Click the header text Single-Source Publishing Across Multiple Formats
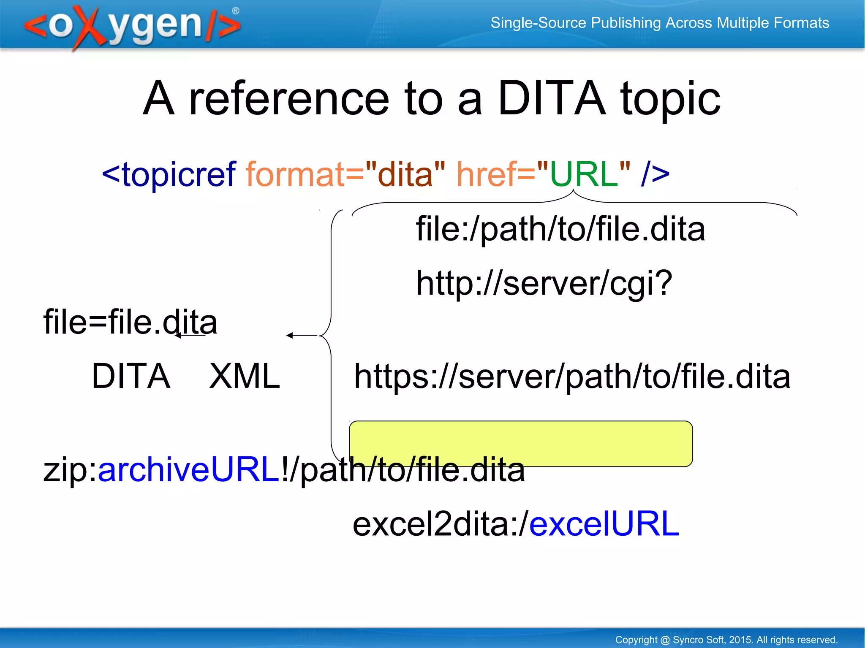click(x=659, y=23)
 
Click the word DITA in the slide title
click(x=552, y=98)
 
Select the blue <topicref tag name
click(x=169, y=174)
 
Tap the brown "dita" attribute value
click(x=405, y=174)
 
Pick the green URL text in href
click(x=584, y=174)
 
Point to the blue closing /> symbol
click(x=655, y=174)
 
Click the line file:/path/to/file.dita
click(x=560, y=229)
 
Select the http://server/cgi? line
click(x=544, y=283)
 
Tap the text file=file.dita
click(x=130, y=322)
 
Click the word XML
click(x=245, y=376)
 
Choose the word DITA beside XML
click(x=131, y=376)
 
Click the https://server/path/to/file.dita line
click(x=572, y=377)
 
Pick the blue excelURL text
click(x=604, y=523)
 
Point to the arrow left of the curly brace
click(x=301, y=336)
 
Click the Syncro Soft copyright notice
click(x=726, y=640)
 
